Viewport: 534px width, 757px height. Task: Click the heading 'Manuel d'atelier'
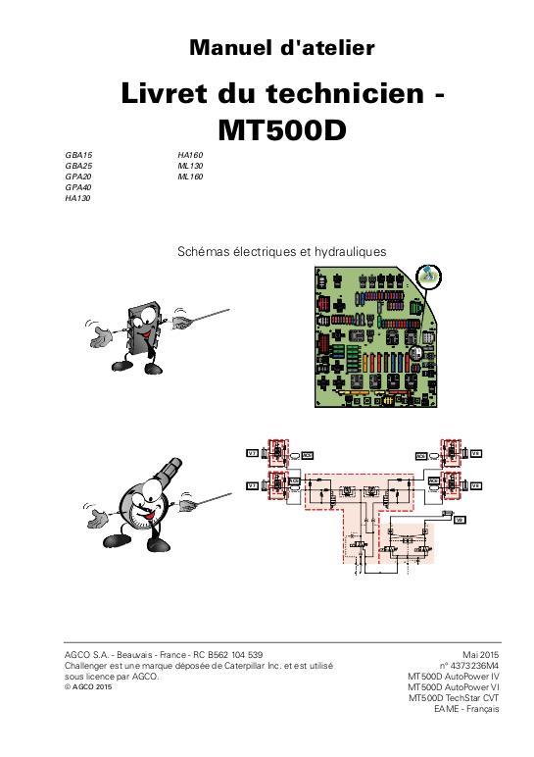coord(281,47)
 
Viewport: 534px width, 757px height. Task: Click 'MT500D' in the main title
coord(281,128)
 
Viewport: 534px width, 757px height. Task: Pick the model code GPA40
coord(78,187)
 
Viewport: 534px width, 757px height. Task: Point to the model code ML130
coord(190,167)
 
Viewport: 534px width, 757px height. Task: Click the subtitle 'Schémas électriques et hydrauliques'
coord(281,252)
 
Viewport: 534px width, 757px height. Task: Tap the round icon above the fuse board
coord(429,278)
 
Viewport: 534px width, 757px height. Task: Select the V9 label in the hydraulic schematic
coord(459,519)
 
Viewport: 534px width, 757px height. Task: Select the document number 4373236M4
coord(465,665)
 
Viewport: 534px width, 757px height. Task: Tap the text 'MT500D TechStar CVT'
coord(454,697)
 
